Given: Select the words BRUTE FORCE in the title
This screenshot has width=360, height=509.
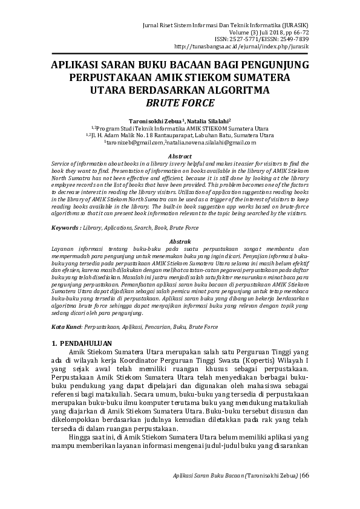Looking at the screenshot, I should coord(180,103).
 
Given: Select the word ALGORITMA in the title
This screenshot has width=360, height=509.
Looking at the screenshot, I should coord(240,91).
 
